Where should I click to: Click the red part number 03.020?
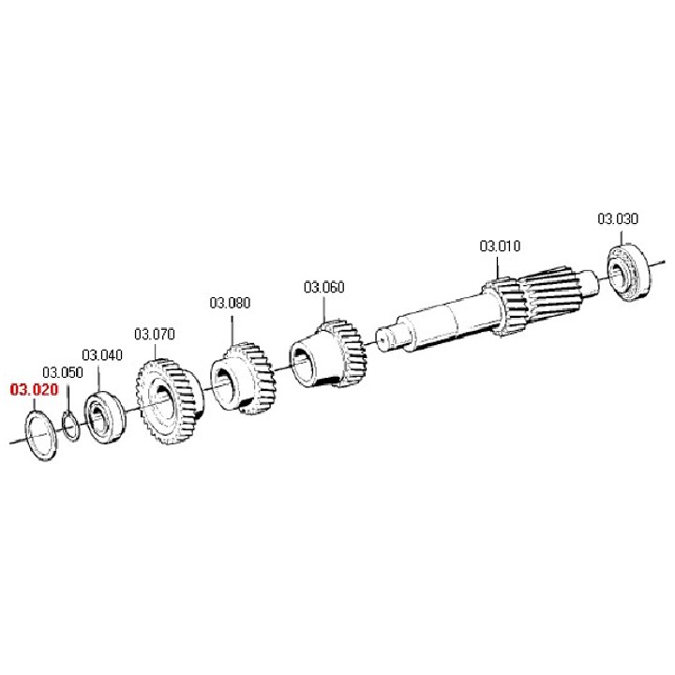[x=34, y=390]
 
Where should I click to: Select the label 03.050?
[x=63, y=372]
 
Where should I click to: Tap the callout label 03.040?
[x=102, y=355]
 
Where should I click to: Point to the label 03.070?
[x=155, y=334]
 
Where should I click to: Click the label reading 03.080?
[x=230, y=303]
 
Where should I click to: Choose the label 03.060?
[x=324, y=287]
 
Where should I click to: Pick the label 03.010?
[x=500, y=246]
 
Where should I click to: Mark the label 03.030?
[x=618, y=218]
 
